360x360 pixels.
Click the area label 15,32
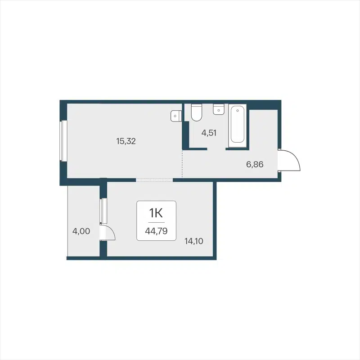126,141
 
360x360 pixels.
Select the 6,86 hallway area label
254,164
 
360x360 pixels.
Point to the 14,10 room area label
193,241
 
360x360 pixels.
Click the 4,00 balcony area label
81,232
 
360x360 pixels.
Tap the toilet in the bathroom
196,113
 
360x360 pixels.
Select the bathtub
238,126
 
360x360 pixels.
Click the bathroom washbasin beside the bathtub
219,109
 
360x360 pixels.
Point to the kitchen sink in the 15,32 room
175,116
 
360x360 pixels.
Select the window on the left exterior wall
64,140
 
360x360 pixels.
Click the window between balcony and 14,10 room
103,210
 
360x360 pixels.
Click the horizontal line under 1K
156,222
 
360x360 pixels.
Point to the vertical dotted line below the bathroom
182,165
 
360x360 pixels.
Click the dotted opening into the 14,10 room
154,180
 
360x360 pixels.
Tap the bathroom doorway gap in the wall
216,148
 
